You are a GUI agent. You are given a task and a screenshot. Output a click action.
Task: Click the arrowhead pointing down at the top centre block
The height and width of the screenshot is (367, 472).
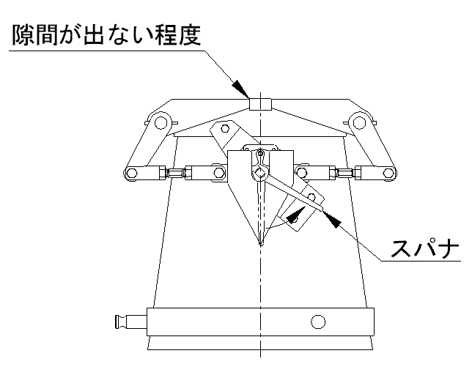click(x=243, y=89)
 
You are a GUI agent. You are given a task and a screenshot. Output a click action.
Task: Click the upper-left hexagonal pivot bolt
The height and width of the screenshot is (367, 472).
click(x=163, y=121)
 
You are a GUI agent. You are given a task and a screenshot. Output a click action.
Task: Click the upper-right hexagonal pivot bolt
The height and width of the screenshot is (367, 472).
click(x=358, y=121)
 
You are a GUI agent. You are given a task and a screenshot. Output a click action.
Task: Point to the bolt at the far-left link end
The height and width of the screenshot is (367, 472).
click(x=133, y=174)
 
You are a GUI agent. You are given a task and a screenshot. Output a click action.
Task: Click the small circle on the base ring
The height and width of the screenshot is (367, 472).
click(x=317, y=321)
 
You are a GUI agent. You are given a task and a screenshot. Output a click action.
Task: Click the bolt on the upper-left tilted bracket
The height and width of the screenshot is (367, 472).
click(x=226, y=130)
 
